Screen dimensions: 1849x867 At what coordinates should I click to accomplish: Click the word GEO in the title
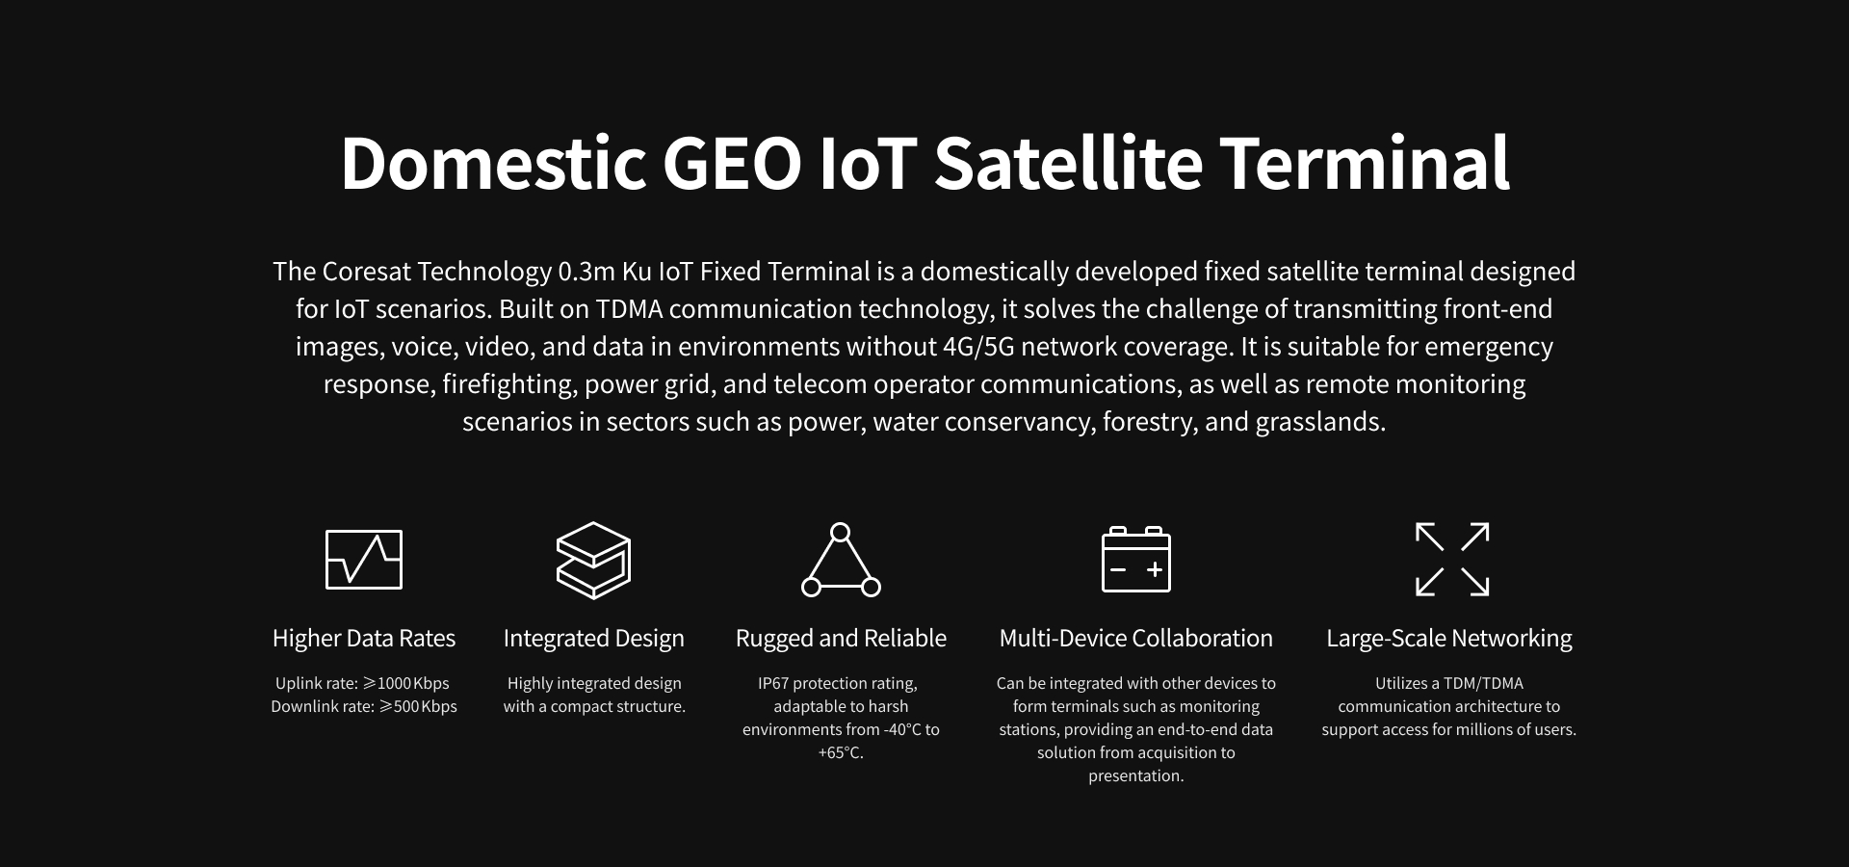click(733, 162)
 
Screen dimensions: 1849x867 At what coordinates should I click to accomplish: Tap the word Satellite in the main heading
click(1068, 162)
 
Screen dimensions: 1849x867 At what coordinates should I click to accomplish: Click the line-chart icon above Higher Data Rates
click(364, 559)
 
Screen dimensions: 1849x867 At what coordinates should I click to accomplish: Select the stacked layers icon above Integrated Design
click(593, 560)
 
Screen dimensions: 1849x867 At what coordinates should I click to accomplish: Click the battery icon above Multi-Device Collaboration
click(1136, 560)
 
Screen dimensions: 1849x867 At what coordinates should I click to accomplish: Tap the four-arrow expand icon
click(1452, 560)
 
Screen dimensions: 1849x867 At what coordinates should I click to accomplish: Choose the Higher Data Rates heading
click(364, 638)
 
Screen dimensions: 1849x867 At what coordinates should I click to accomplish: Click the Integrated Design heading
click(594, 639)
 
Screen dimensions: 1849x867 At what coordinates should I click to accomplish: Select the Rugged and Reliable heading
click(841, 639)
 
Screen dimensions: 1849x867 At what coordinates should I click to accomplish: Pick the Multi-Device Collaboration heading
click(1136, 638)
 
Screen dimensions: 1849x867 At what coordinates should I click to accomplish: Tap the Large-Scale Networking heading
click(1449, 639)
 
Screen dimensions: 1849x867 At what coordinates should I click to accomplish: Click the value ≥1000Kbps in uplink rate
click(405, 683)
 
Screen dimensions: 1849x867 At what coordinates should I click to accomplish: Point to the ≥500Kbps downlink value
click(418, 706)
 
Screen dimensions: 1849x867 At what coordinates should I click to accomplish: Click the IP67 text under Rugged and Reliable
click(772, 683)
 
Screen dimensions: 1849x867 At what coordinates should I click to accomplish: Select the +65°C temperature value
click(840, 752)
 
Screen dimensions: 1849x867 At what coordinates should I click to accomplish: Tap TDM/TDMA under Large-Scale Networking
click(1484, 683)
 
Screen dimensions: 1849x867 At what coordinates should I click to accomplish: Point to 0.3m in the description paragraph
click(586, 272)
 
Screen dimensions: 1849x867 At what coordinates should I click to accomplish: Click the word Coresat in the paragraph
click(367, 272)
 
